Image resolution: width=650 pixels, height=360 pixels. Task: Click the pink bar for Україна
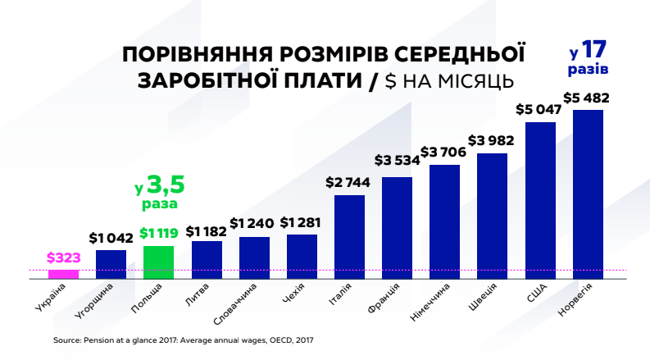[63, 274]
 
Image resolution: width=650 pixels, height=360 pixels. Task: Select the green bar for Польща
[158, 262]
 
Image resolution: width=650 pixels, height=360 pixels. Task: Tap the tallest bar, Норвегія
[588, 194]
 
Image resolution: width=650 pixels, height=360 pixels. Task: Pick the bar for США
[540, 201]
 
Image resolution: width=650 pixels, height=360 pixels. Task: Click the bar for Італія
[349, 237]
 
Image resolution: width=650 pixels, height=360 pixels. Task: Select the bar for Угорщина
[111, 265]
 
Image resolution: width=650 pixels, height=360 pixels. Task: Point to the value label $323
[63, 257]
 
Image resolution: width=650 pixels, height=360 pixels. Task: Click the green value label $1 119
[158, 234]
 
